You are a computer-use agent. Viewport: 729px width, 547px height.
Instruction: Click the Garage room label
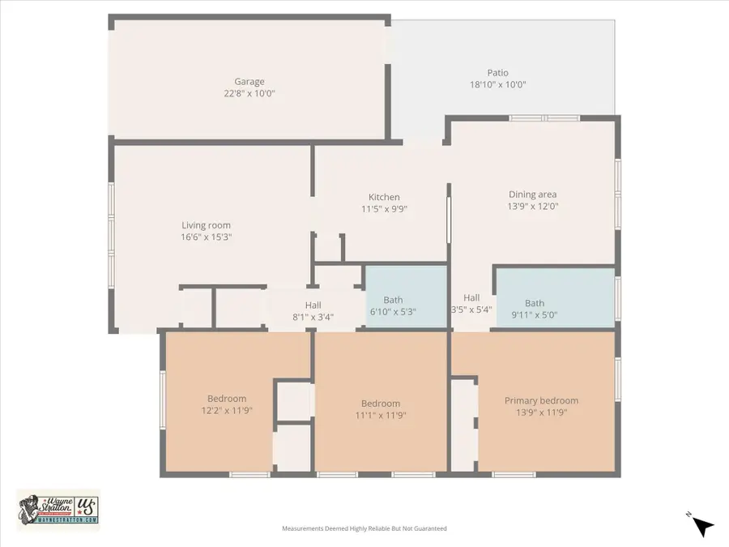pyautogui.click(x=249, y=82)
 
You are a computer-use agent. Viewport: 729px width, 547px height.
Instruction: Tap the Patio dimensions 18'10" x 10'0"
pyautogui.click(x=497, y=84)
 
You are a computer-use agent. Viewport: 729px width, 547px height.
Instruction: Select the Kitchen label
pyautogui.click(x=384, y=197)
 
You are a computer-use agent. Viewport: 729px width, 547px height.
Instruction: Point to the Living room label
pyautogui.click(x=206, y=225)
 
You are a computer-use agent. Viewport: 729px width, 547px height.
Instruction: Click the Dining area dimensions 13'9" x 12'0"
pyautogui.click(x=532, y=206)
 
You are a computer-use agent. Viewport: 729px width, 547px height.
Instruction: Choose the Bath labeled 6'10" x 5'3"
pyautogui.click(x=393, y=301)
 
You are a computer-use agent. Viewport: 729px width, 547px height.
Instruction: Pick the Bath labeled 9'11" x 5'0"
pyautogui.click(x=535, y=303)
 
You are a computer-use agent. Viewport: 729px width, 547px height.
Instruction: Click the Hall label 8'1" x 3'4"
pyautogui.click(x=313, y=305)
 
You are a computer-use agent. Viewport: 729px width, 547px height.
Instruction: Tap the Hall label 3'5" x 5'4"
pyautogui.click(x=471, y=297)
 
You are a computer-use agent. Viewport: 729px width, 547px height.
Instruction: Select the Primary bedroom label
pyautogui.click(x=541, y=400)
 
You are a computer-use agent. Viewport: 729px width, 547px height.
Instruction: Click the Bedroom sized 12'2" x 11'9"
pyautogui.click(x=227, y=399)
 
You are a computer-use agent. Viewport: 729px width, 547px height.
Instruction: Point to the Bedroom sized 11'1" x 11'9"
pyautogui.click(x=381, y=404)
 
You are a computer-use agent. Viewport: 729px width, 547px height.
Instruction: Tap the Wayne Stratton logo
pyautogui.click(x=58, y=510)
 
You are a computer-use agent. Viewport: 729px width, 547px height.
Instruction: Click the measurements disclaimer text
pyautogui.click(x=364, y=528)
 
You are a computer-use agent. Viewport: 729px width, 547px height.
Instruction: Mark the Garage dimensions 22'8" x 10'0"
pyautogui.click(x=249, y=94)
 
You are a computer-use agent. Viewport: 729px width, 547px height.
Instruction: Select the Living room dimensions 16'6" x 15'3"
pyautogui.click(x=206, y=237)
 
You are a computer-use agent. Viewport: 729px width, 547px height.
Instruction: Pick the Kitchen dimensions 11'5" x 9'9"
pyautogui.click(x=384, y=209)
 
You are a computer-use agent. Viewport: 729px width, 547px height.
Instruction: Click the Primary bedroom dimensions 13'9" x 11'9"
pyautogui.click(x=541, y=412)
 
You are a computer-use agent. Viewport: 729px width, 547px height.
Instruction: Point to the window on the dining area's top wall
pyautogui.click(x=544, y=118)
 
